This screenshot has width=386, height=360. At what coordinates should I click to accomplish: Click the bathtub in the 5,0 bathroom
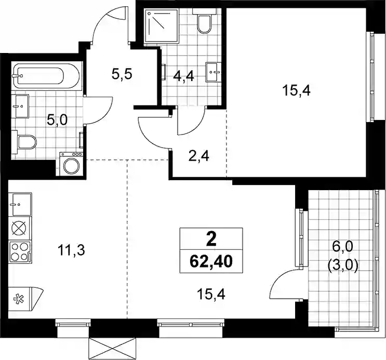pyautogui.click(x=47, y=76)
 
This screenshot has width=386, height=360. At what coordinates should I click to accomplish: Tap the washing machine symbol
pyautogui.click(x=71, y=164)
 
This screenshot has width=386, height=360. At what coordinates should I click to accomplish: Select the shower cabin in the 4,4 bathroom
pyautogui.click(x=161, y=26)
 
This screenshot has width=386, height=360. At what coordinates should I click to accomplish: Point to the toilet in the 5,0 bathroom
pyautogui.click(x=24, y=142)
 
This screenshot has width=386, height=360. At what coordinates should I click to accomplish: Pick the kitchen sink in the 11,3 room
pyautogui.click(x=20, y=204)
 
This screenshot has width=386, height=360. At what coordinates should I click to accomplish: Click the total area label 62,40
pyautogui.click(x=211, y=262)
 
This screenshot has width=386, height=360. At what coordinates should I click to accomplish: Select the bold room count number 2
pyautogui.click(x=211, y=239)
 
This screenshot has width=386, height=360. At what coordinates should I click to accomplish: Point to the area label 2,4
pyautogui.click(x=199, y=156)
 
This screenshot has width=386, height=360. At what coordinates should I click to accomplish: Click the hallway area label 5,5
pyautogui.click(x=122, y=74)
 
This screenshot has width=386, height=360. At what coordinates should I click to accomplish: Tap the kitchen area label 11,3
pyautogui.click(x=71, y=250)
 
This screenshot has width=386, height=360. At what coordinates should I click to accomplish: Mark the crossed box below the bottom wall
pyautogui.click(x=113, y=349)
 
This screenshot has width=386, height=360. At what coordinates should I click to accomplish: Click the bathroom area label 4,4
pyautogui.click(x=183, y=76)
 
